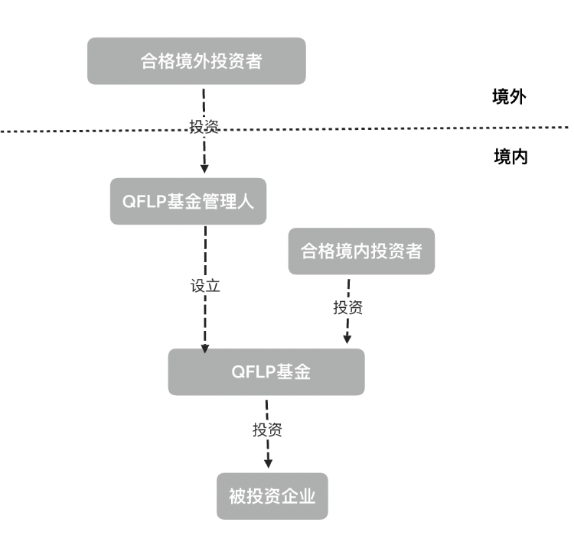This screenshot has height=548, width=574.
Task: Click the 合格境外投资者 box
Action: (196, 61)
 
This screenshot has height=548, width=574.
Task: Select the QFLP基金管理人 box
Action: (188, 201)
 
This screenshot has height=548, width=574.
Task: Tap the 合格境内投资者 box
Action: (360, 251)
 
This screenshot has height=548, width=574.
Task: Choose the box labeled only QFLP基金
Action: (266, 372)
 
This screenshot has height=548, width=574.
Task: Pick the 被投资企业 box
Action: (272, 497)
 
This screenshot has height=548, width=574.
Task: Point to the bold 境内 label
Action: (510, 157)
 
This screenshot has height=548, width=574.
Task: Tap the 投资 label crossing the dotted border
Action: (204, 127)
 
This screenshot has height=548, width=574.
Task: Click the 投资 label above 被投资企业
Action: (267, 430)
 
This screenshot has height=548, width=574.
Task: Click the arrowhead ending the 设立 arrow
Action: (204, 348)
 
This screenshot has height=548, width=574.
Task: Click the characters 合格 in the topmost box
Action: (152, 61)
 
